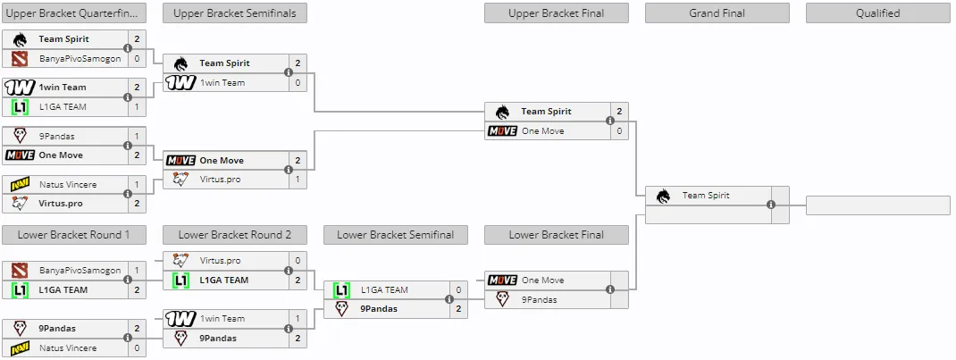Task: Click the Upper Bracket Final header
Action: [x=556, y=13]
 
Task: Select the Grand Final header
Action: [x=717, y=13]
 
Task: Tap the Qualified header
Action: [x=878, y=13]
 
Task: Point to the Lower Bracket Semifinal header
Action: [x=395, y=235]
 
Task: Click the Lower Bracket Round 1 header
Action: [x=73, y=235]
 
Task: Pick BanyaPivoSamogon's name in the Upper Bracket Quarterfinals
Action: [x=80, y=59]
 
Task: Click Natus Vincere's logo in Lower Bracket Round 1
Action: [x=21, y=347]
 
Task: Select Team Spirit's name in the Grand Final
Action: [x=706, y=196]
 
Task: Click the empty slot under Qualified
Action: [x=878, y=205]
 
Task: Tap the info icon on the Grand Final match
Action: [x=771, y=205]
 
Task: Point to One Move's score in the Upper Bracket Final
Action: [x=619, y=131]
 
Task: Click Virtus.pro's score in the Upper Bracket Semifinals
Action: [x=298, y=180]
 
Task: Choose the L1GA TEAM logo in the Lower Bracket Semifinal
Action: [x=342, y=290]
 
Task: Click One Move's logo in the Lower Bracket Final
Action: [x=502, y=280]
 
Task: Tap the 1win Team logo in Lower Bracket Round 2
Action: [x=180, y=319]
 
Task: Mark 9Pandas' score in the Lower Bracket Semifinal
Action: [x=458, y=309]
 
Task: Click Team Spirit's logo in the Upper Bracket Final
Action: [x=502, y=112]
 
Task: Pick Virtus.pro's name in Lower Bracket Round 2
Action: [x=220, y=261]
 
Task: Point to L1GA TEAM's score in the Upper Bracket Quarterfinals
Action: [x=137, y=106]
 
